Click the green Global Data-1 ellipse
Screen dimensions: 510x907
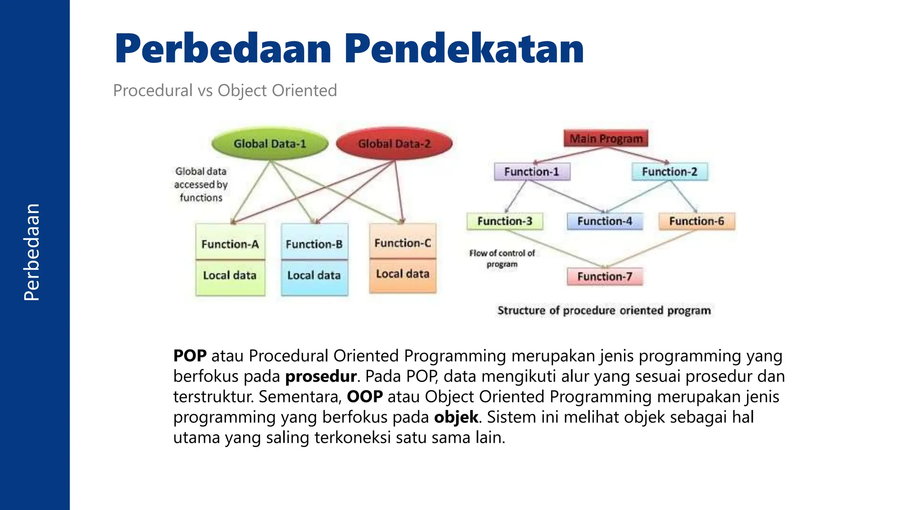click(x=270, y=144)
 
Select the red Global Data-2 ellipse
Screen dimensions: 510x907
click(x=394, y=144)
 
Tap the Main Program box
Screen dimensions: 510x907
click(x=606, y=139)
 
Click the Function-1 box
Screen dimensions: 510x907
click(x=532, y=172)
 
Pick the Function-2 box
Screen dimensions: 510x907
click(x=670, y=172)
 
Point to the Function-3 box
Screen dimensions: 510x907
click(x=505, y=221)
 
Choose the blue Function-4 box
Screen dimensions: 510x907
click(x=605, y=221)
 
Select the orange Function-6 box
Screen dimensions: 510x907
click(x=697, y=221)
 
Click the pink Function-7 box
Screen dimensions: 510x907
click(x=605, y=277)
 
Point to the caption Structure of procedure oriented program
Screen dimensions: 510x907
click(x=604, y=310)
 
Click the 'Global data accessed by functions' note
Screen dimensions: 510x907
click(x=201, y=184)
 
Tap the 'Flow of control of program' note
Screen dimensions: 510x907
click(x=502, y=259)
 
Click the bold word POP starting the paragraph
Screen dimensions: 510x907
click(x=190, y=356)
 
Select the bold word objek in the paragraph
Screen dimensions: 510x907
click(x=456, y=417)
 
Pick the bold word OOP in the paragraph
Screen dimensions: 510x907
click(x=364, y=397)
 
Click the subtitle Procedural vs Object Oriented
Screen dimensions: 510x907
click(x=225, y=90)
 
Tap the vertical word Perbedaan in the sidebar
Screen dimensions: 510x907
click(x=32, y=252)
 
